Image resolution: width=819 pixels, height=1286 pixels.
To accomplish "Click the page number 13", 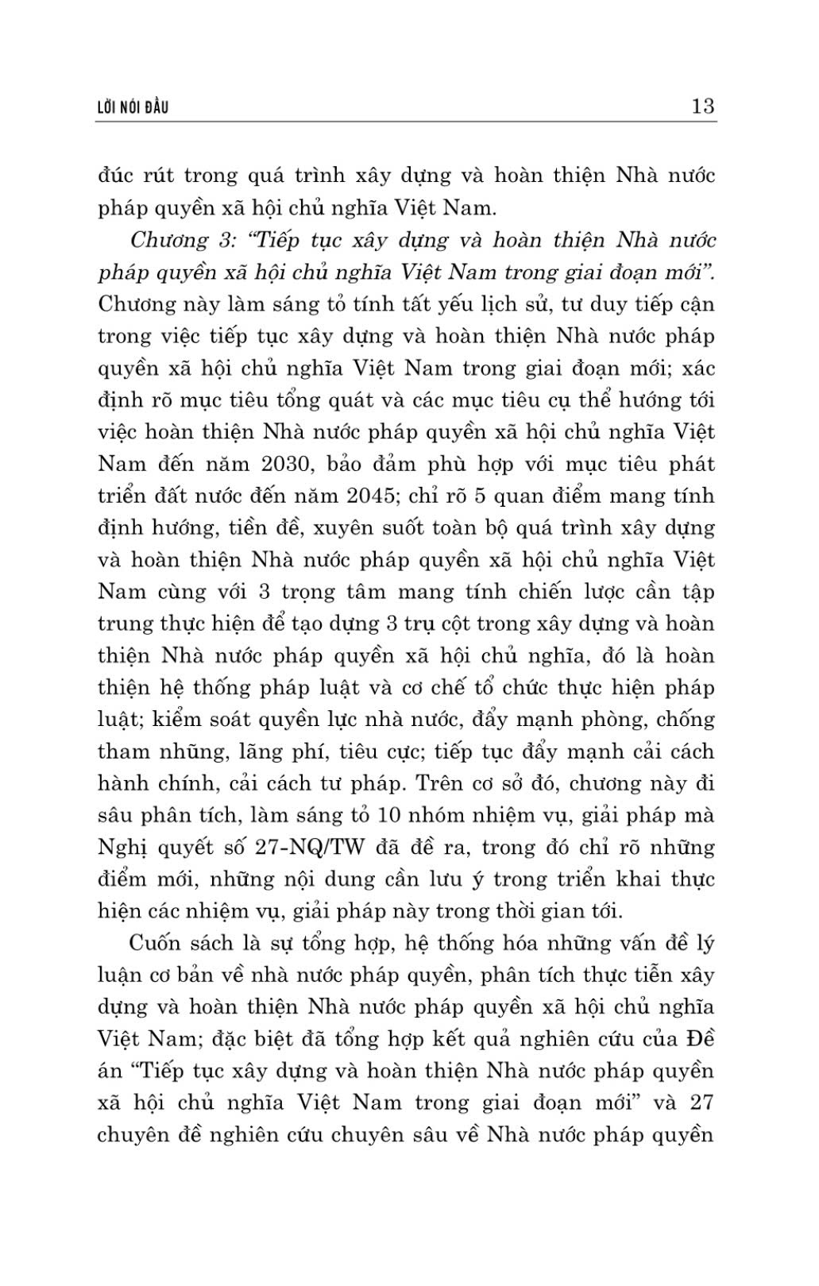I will point(703,106).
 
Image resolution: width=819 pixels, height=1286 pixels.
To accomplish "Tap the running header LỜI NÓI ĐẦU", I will point(132,107).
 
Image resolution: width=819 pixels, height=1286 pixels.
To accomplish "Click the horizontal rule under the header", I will point(406,122).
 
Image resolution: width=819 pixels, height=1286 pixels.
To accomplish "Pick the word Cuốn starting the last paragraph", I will point(156,943).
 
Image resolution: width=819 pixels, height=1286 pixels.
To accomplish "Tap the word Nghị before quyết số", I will point(122,848).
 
